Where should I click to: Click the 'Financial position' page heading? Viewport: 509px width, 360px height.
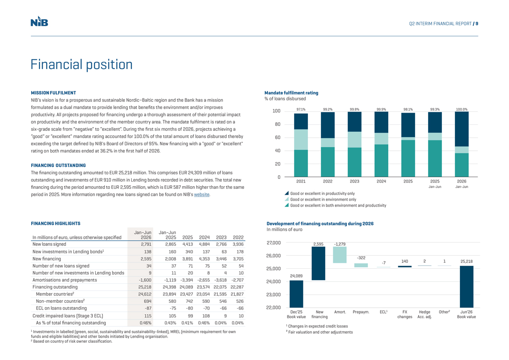(81, 64)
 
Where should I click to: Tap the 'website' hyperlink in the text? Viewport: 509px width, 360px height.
(202, 194)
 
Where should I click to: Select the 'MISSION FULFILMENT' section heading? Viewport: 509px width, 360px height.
(54, 93)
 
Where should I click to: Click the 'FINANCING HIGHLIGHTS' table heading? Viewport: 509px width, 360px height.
(55, 223)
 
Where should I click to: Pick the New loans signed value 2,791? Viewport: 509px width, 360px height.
(146, 244)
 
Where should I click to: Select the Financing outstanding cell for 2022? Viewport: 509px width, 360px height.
(237, 287)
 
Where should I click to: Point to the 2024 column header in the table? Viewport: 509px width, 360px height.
(204, 237)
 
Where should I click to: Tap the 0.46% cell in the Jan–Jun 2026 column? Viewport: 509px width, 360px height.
(145, 323)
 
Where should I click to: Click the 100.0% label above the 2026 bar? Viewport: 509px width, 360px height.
(462, 109)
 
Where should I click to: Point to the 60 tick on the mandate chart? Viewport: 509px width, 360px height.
(277, 138)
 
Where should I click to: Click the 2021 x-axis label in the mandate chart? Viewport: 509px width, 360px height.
(301, 181)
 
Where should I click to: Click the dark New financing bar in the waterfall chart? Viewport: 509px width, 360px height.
(318, 263)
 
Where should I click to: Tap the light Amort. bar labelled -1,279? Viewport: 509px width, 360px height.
(340, 255)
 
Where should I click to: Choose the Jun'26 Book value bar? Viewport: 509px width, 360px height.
(466, 286)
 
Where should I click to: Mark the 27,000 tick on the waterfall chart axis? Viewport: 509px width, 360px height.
(274, 243)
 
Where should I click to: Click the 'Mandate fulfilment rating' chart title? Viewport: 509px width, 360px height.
(291, 93)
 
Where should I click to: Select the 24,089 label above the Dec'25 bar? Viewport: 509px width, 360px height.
(297, 276)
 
